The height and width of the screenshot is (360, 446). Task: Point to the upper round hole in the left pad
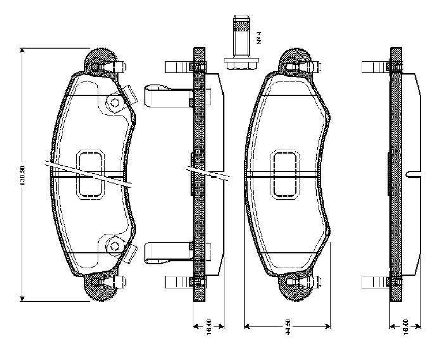pyautogui.click(x=115, y=102)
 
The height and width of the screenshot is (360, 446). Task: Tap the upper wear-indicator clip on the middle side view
pyautogui.click(x=165, y=96)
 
